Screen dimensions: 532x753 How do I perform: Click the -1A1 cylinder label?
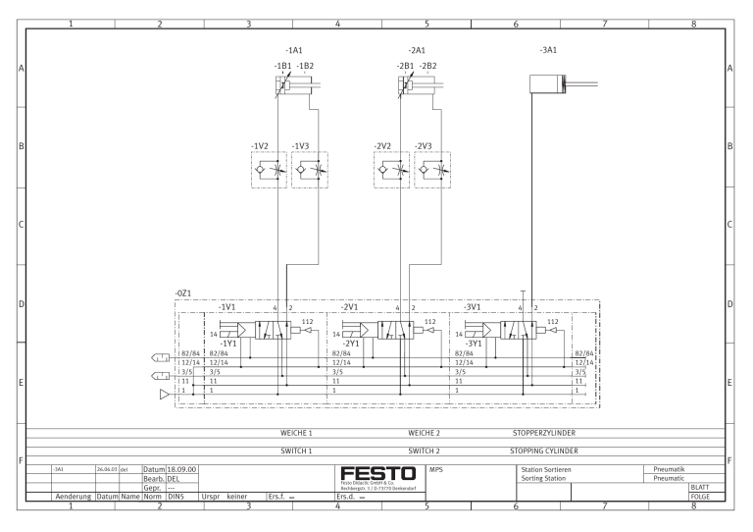coord(293,49)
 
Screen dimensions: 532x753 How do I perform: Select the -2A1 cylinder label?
coord(417,49)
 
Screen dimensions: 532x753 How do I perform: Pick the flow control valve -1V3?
coord(309,168)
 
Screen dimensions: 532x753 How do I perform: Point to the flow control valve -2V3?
coord(432,168)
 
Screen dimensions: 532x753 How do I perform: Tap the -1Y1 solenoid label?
coord(229,344)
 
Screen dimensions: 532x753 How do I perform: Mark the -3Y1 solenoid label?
coord(475,344)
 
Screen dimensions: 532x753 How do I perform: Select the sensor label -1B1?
coord(282,66)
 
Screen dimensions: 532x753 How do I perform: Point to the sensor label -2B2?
coord(428,66)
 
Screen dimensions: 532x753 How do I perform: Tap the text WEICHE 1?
coord(295,432)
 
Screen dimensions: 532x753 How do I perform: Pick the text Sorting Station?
coord(548,479)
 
